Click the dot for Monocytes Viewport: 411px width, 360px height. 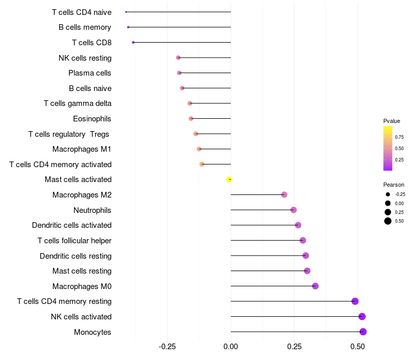[x=363, y=332]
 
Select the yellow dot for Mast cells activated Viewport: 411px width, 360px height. [x=230, y=179]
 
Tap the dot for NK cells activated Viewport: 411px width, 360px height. [x=362, y=316]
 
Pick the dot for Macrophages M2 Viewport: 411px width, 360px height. [x=284, y=194]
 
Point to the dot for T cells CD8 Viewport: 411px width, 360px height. [x=133, y=42]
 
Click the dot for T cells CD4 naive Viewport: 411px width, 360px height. [x=126, y=12]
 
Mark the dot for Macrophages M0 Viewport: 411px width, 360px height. [x=315, y=286]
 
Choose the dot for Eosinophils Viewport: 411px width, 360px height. [x=191, y=118]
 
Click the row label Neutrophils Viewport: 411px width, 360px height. [x=92, y=210]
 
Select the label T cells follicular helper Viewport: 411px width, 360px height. [x=74, y=240]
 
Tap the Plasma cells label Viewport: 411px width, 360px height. [x=90, y=73]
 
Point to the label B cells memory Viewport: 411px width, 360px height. [x=85, y=27]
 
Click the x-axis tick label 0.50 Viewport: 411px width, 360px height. [x=358, y=347]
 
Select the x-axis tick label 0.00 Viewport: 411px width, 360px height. [x=231, y=347]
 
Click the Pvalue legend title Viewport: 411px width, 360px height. [x=391, y=121]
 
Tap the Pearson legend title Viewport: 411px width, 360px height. [x=394, y=185]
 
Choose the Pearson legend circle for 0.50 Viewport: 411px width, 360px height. [x=388, y=221]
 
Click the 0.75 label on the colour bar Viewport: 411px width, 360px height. [x=399, y=137]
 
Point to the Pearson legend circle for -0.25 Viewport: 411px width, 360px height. [x=388, y=194]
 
